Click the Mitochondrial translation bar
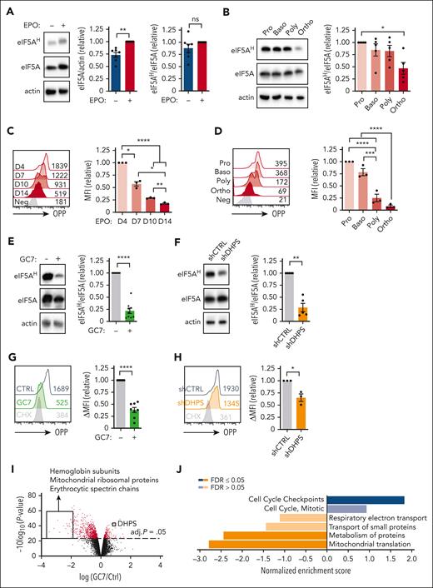pos(266,545)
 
